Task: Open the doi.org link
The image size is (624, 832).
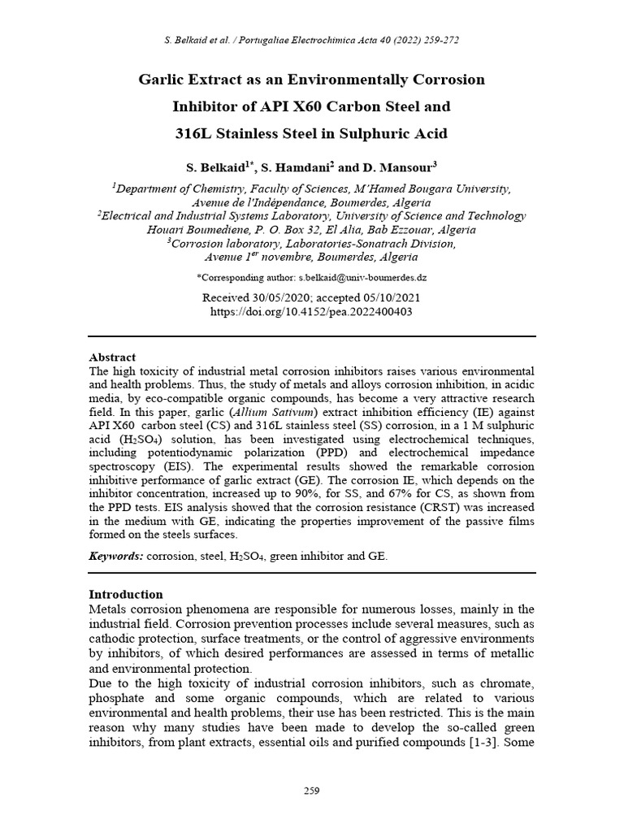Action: (x=311, y=311)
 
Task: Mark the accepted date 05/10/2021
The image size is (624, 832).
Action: (x=392, y=297)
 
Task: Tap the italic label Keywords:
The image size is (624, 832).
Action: (x=116, y=556)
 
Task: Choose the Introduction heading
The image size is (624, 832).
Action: (x=125, y=594)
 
